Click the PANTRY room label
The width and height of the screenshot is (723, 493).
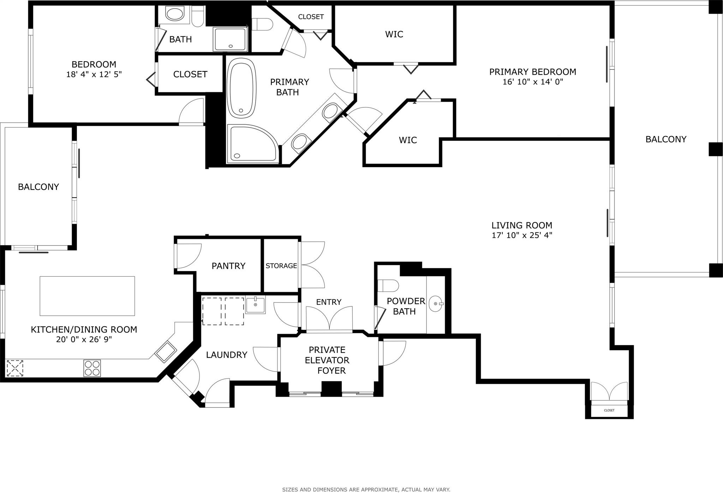pos(228,266)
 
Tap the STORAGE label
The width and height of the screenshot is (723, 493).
pos(281,266)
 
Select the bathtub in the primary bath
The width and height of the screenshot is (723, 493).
pos(241,88)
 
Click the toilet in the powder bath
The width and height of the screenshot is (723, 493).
pos(388,285)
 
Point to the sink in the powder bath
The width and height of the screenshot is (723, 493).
pos(436,304)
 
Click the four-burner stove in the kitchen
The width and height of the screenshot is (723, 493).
pos(92,368)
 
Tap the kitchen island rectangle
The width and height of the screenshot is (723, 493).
pos(87,296)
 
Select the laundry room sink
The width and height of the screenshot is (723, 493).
pos(255,305)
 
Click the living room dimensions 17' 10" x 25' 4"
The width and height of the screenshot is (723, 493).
pos(522,235)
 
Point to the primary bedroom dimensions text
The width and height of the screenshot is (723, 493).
pos(533,82)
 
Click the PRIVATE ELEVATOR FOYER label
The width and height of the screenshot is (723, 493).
pos(327,360)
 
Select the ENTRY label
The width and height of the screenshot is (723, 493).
pos(329,302)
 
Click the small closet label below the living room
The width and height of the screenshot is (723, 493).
pos(609,410)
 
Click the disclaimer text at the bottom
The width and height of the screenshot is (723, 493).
pos(366,489)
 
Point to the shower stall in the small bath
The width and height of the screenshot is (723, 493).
pos(230,39)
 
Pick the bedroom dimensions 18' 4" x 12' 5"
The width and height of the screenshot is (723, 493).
pos(94,75)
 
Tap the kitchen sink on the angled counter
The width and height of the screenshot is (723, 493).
pos(166,352)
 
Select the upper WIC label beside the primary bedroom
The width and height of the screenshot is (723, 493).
pos(394,34)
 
